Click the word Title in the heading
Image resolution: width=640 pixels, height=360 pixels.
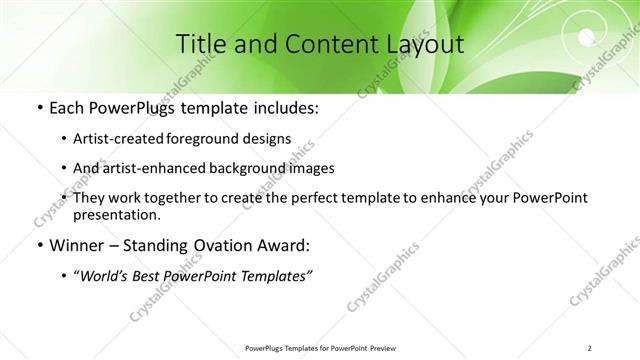click(x=199, y=44)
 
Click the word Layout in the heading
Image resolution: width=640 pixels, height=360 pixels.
click(x=420, y=44)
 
